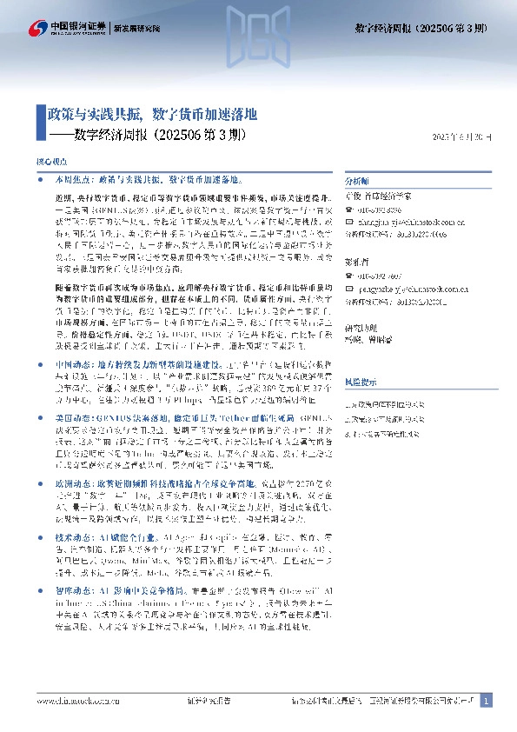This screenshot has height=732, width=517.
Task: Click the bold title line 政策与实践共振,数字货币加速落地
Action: click(x=152, y=115)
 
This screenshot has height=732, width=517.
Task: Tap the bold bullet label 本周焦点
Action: click(x=70, y=179)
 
